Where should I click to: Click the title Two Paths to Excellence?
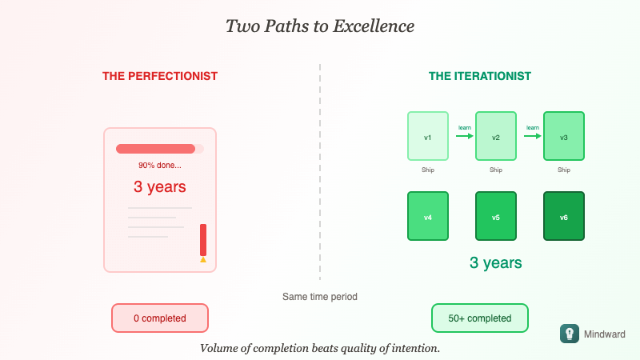click(320, 26)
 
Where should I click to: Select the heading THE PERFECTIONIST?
click(160, 76)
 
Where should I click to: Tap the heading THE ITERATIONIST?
click(480, 76)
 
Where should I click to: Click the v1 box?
click(427, 137)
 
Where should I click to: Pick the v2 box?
click(496, 137)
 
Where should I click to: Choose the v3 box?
click(564, 137)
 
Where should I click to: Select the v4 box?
click(427, 216)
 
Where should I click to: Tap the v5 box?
click(496, 216)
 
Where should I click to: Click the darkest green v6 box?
click(564, 216)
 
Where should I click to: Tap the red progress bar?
click(156, 148)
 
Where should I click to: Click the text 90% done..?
click(160, 166)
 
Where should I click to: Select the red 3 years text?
click(160, 187)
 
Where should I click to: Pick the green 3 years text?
click(496, 262)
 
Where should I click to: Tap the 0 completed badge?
click(160, 318)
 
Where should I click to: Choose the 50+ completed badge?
click(480, 318)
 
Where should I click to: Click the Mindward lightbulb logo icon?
click(569, 334)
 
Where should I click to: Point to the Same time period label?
click(320, 296)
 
